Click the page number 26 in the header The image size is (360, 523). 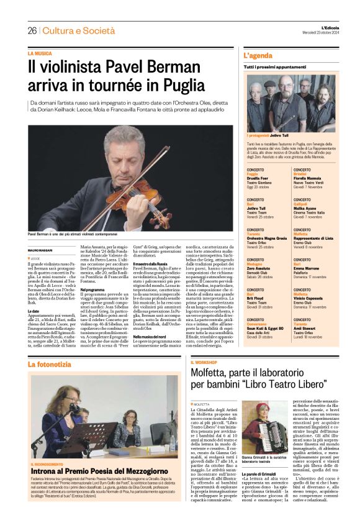click(32, 30)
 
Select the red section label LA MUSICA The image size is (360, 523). click(39, 53)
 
